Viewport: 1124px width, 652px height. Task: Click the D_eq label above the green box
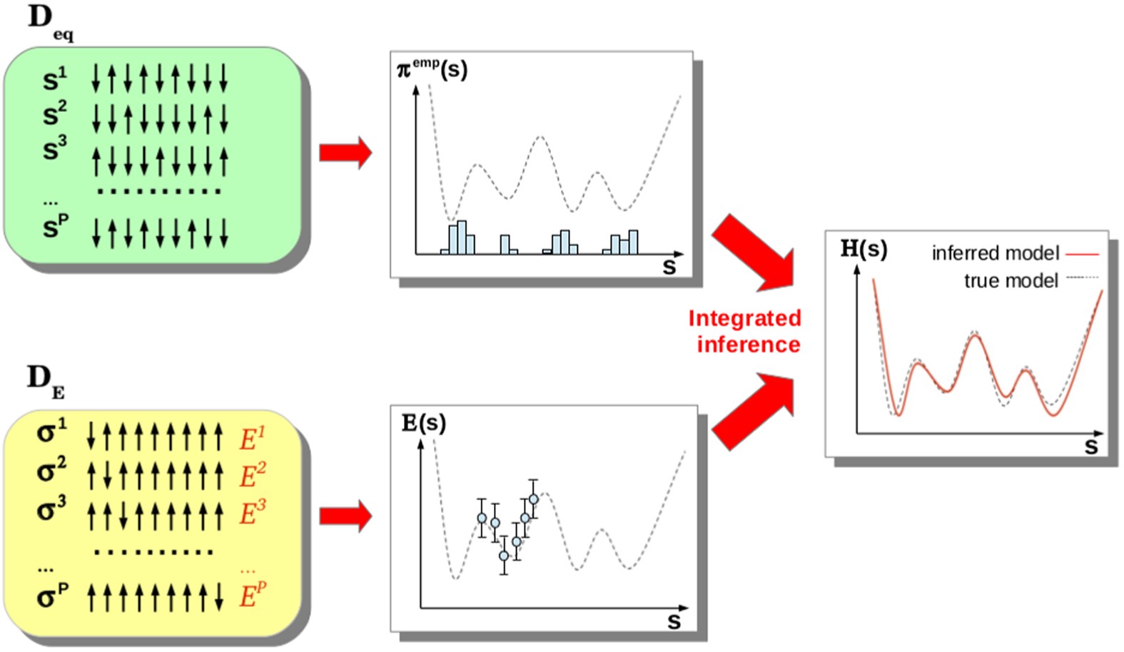49,21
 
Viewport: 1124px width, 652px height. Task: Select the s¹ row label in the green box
54,79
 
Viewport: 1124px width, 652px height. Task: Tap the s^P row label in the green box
55,227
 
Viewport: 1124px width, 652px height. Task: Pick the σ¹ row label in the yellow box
51,432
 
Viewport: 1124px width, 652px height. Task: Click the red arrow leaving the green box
345,152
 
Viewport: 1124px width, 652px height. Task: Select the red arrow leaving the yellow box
345,516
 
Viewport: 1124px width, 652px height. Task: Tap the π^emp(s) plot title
432,70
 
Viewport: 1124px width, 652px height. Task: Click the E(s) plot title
424,423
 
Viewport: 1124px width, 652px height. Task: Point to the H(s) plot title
864,248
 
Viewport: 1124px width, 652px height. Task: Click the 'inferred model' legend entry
996,253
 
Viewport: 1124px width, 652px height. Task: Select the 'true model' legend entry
1011,281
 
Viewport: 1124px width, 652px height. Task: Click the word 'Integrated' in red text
744,318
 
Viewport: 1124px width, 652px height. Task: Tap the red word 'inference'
748,345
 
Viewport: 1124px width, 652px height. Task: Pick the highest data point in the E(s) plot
533,499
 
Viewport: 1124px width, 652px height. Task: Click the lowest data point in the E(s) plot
504,556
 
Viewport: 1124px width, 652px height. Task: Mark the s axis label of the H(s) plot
1090,447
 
